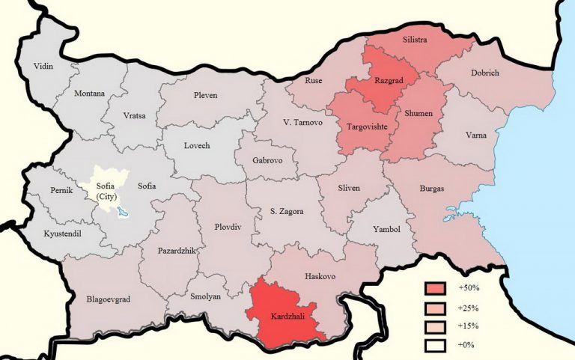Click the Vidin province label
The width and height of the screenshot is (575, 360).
tap(44, 67)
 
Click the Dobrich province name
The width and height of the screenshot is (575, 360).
tap(484, 73)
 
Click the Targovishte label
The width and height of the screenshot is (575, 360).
tap(367, 127)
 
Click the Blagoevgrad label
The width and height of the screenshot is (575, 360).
tap(108, 299)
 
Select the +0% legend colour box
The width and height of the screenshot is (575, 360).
tap(433, 344)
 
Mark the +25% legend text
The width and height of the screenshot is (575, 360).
tap(468, 308)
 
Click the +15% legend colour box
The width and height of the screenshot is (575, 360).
tap(433, 326)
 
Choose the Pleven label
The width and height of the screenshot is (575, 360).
tap(205, 96)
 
